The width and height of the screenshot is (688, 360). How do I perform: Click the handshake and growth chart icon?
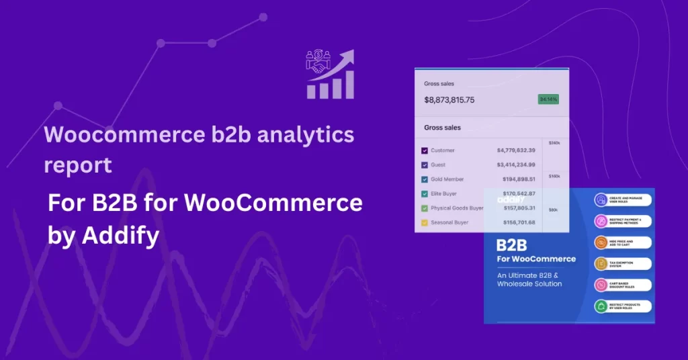pos(329,74)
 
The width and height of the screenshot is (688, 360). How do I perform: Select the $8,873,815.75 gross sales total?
pos(449,100)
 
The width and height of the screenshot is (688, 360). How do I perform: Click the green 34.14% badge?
pos(548,99)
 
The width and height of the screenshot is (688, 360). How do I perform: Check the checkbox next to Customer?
pos(425,150)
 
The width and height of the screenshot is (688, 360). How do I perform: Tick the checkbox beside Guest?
pos(425,165)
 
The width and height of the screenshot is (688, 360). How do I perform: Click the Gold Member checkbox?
pos(425,179)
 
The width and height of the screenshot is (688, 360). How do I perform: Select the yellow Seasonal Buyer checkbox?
pos(425,222)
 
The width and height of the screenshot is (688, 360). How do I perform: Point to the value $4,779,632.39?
pos(516,150)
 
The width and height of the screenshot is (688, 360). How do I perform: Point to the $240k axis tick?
pos(554,143)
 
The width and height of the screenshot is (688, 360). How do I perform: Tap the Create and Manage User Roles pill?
pos(622,201)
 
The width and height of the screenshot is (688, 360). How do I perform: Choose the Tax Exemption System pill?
pos(622,264)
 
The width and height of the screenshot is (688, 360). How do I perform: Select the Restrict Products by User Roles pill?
pos(622,306)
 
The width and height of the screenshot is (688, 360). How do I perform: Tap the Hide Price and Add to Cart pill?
pos(622,242)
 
